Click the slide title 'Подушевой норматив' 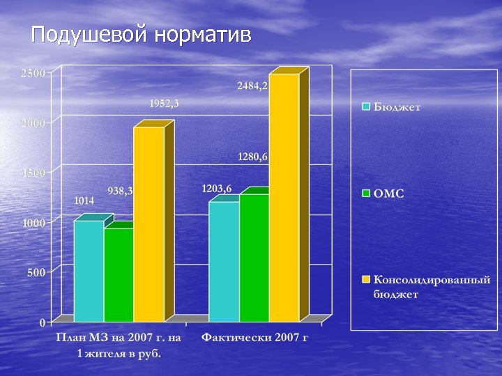click(141, 34)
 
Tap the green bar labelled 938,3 click(119, 274)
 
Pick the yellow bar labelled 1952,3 click(149, 223)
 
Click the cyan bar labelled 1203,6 click(224, 261)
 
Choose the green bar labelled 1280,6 click(254, 258)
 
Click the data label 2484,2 click(252, 86)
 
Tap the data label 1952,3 click(165, 104)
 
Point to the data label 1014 click(84, 201)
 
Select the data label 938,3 click(121, 191)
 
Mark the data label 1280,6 click(252, 157)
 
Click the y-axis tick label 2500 click(33, 73)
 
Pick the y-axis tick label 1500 click(33, 173)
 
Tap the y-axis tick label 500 click(36, 272)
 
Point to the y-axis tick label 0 click(43, 322)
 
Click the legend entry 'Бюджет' click(397, 108)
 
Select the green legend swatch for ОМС click(365, 194)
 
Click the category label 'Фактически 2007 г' click(254, 338)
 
